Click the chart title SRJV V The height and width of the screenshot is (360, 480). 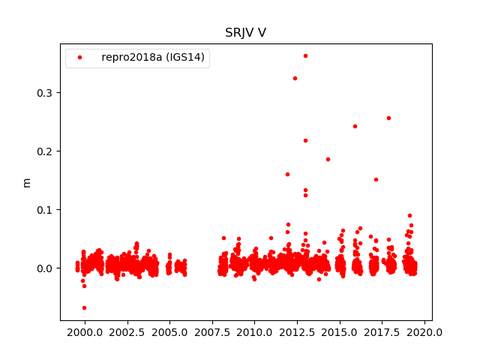tap(245, 33)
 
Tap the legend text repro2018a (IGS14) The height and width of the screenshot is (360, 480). tap(153, 58)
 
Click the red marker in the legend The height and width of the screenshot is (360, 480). tap(80, 58)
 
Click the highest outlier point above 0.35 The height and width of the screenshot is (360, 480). tap(305, 55)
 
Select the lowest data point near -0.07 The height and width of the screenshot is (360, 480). tap(84, 307)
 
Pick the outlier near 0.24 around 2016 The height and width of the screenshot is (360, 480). tap(355, 126)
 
